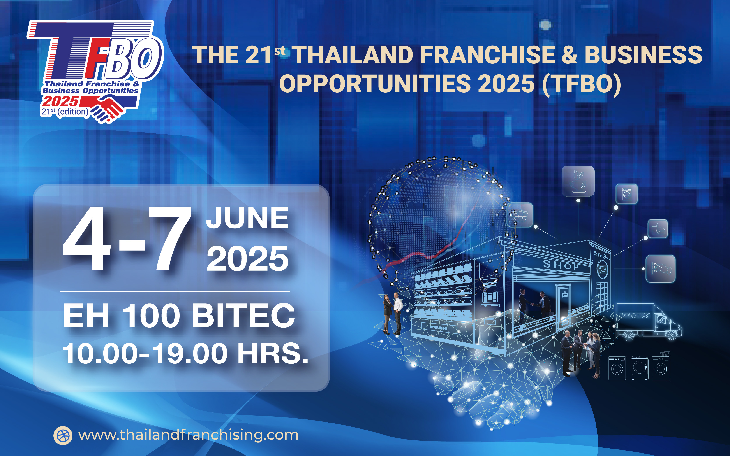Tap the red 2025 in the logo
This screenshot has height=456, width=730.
[60, 102]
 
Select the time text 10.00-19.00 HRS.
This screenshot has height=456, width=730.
[185, 353]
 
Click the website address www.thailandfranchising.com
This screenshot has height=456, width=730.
[188, 435]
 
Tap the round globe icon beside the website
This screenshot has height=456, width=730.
[63, 435]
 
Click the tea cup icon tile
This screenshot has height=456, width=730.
[578, 181]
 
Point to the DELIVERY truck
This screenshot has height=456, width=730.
[649, 322]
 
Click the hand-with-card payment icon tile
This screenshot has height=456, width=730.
[661, 269]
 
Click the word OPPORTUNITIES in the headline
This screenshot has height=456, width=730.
[375, 84]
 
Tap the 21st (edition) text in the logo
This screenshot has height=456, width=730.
[65, 112]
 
